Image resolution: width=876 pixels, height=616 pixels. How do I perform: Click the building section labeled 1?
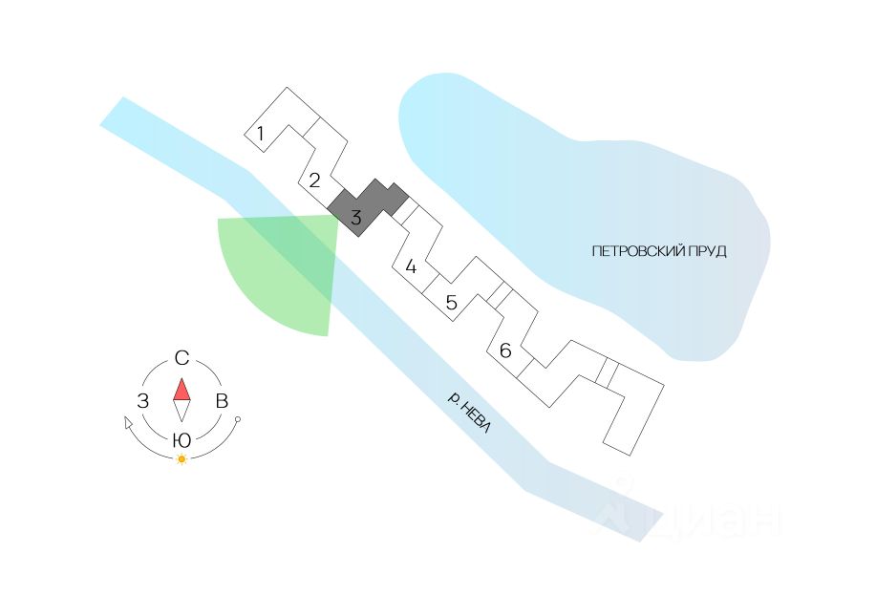[x=260, y=134]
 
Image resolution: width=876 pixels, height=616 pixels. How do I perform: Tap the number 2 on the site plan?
[x=314, y=179]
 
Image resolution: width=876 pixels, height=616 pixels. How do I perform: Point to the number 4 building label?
[x=411, y=266]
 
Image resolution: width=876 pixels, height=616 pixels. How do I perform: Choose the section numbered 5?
[x=452, y=304]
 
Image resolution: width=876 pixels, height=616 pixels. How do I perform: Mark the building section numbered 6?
[x=505, y=351]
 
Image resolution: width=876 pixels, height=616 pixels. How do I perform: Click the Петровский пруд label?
[x=659, y=251]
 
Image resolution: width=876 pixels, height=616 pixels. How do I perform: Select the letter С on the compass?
[x=182, y=359]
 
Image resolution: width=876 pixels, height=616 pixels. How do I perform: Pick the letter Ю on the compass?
[x=181, y=440]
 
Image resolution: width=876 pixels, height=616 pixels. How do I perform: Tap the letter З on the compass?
[x=142, y=401]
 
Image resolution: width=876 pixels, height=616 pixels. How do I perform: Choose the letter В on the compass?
[x=221, y=401]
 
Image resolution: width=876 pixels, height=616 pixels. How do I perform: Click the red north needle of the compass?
[x=182, y=390]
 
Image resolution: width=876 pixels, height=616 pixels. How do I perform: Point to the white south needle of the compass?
[x=182, y=411]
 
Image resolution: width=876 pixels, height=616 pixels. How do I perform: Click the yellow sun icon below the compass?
[x=182, y=459]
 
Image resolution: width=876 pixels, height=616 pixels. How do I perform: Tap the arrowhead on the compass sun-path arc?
[x=129, y=422]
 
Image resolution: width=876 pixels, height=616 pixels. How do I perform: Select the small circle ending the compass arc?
[x=238, y=420]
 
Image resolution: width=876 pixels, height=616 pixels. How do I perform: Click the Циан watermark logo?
[x=688, y=516]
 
